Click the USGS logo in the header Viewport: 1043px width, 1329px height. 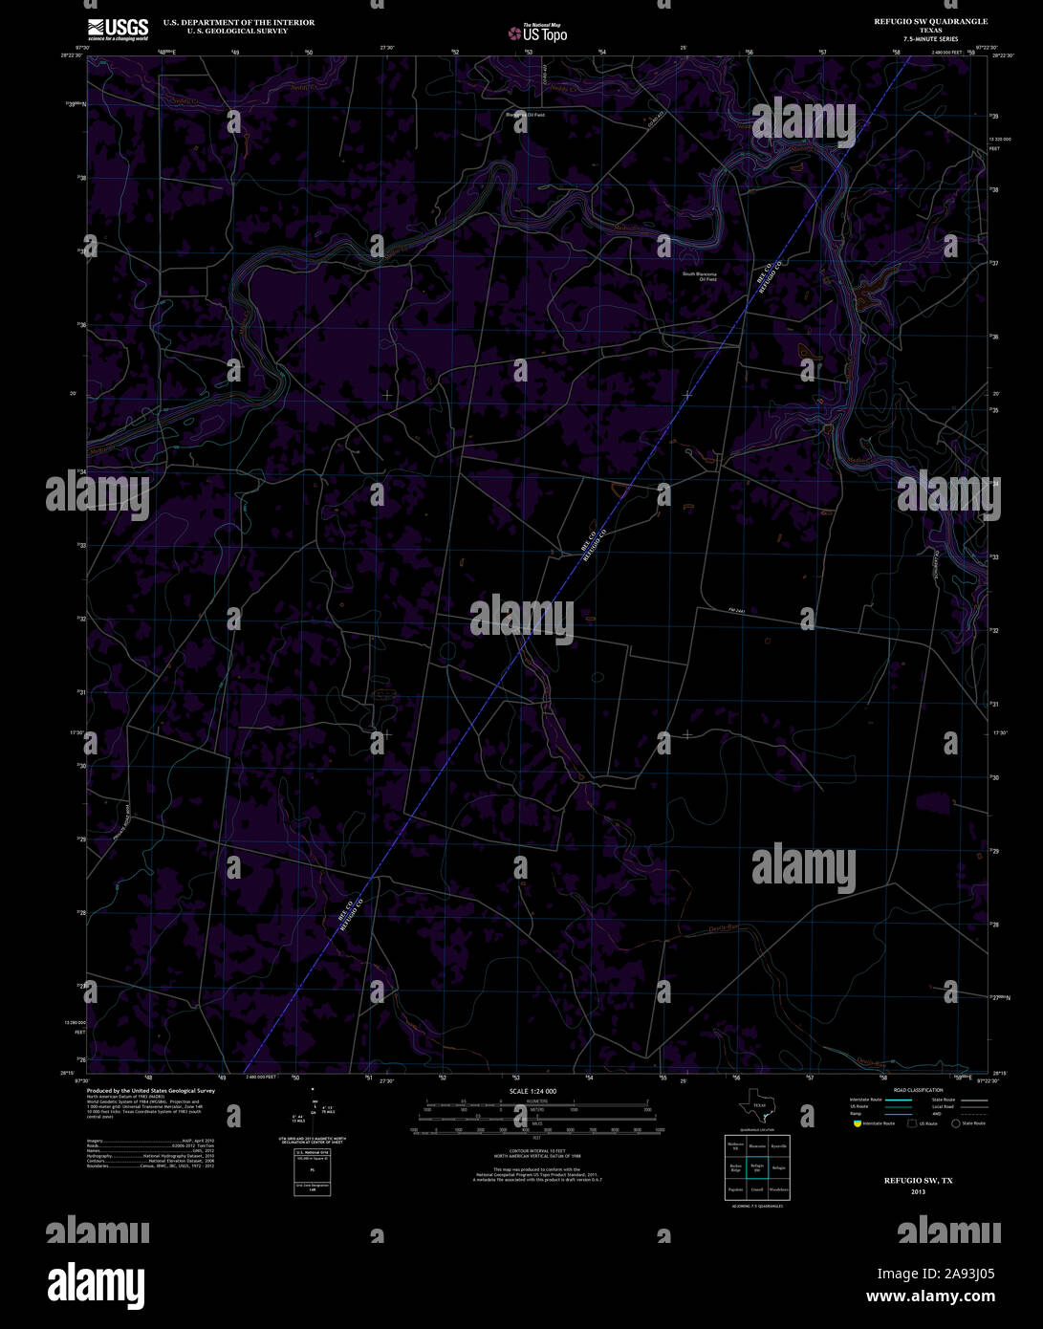point(118,30)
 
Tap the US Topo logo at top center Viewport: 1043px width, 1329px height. point(538,33)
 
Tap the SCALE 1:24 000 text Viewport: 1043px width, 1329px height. point(532,1091)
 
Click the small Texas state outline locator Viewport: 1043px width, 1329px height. point(755,1108)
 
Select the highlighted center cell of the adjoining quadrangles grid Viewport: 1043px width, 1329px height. point(756,1166)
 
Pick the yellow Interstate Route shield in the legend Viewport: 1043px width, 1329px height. point(857,1123)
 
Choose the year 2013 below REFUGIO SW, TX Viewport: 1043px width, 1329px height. point(918,1191)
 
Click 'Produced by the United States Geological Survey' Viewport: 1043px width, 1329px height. point(151,1090)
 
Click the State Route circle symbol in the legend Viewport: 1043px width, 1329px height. point(956,1123)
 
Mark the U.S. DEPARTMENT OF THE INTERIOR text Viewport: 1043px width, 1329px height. point(238,22)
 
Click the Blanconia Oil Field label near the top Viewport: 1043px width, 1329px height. point(525,115)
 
